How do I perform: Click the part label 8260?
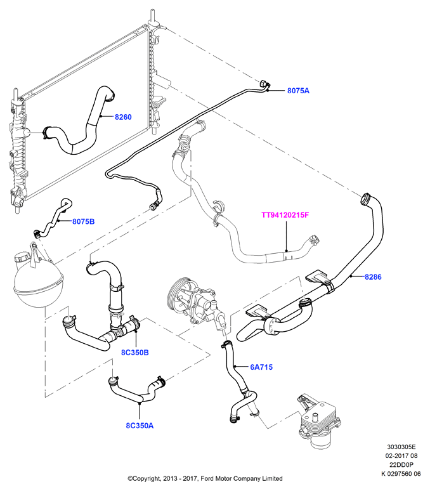click(123, 117)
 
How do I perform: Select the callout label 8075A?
click(298, 91)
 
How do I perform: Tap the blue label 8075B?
click(83, 221)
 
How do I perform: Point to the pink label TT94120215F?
click(285, 215)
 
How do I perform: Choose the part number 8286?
click(373, 277)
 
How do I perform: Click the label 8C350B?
click(135, 353)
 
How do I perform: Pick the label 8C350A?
click(140, 426)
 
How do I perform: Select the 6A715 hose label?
click(261, 367)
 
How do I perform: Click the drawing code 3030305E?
click(401, 447)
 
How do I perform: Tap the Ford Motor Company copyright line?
click(205, 478)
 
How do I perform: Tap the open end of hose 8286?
click(365, 200)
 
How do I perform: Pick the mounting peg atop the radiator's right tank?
click(152, 17)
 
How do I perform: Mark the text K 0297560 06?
click(401, 474)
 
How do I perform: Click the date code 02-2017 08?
click(401, 456)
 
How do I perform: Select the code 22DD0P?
click(401, 465)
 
